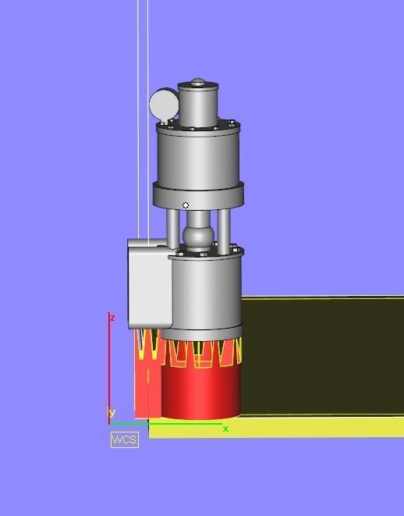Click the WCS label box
click(x=124, y=439)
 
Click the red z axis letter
click(x=113, y=318)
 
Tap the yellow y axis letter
click(x=112, y=413)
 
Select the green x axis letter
click(x=226, y=429)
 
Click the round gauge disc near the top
click(x=163, y=104)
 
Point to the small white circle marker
click(x=186, y=206)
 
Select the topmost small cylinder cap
click(x=199, y=105)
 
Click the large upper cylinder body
click(x=198, y=156)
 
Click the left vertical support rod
click(x=173, y=226)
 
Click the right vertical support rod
click(x=223, y=226)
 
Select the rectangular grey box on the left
click(x=148, y=285)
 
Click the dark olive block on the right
click(x=320, y=355)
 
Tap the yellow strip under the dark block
click(x=312, y=427)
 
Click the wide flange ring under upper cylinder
click(x=198, y=194)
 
